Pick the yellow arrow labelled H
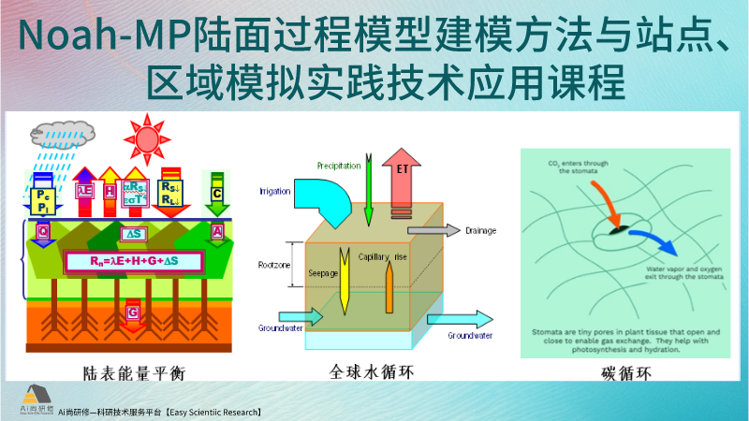110,191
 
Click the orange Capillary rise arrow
389,285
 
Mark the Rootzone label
275,266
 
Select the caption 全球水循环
372,372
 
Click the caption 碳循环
626,375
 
